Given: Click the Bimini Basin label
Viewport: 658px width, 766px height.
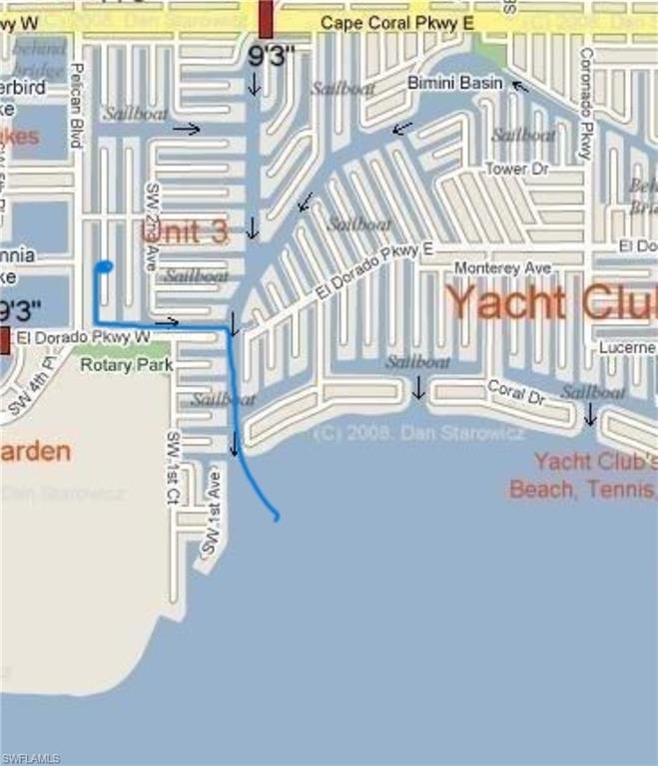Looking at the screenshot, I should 454,83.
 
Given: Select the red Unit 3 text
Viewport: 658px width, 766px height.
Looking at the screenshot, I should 185,232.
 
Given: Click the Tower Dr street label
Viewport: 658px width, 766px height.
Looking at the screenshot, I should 517,170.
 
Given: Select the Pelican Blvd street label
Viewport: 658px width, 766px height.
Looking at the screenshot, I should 77,105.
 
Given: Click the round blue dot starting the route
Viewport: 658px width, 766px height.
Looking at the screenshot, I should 103,266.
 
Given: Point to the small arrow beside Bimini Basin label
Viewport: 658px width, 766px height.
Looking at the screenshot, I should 519,86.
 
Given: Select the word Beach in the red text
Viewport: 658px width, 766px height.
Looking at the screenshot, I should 539,490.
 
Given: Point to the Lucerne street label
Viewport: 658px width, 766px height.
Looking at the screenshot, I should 627,347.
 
